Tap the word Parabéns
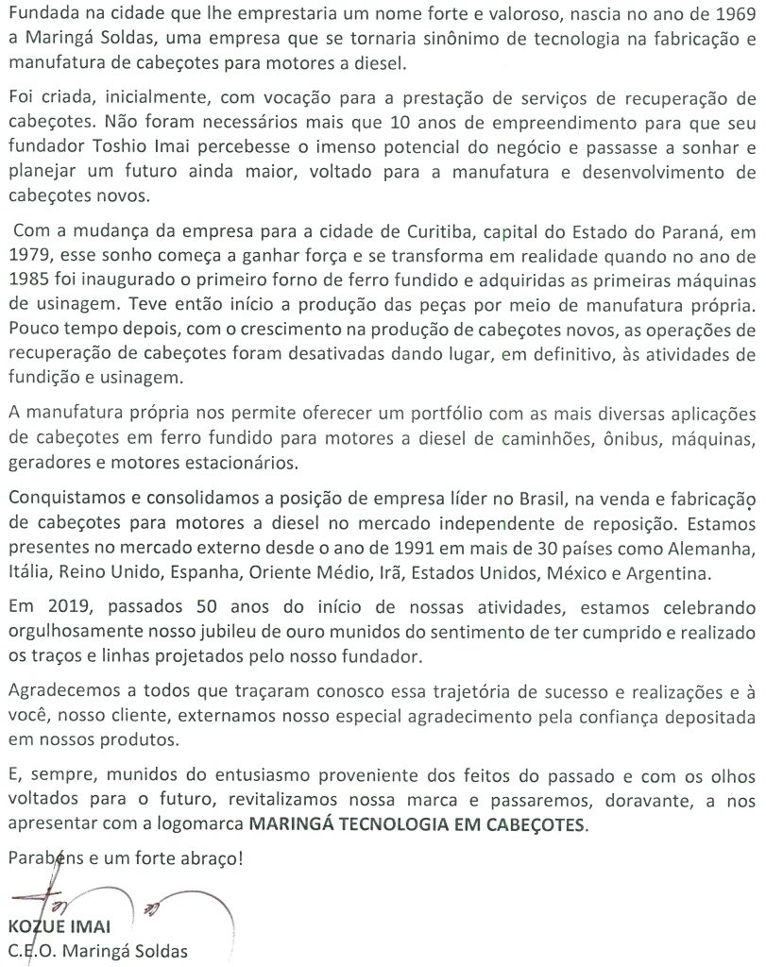click(x=43, y=859)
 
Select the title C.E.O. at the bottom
click(x=34, y=952)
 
